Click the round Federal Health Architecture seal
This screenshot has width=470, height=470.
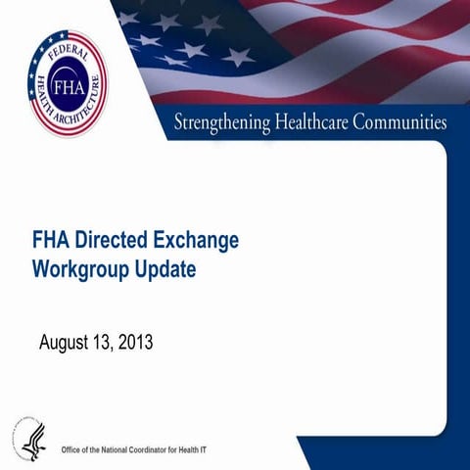66,82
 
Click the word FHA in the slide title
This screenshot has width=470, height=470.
51,240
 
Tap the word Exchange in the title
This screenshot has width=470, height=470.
195,240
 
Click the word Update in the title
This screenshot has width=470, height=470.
163,267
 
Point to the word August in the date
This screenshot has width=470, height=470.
66,344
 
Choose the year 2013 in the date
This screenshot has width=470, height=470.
137,344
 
